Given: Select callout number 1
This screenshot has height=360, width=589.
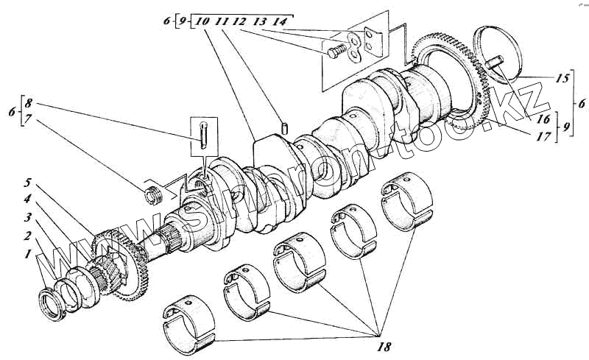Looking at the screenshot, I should click(27, 253).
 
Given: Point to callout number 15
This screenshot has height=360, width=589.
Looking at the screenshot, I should click(562, 77).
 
